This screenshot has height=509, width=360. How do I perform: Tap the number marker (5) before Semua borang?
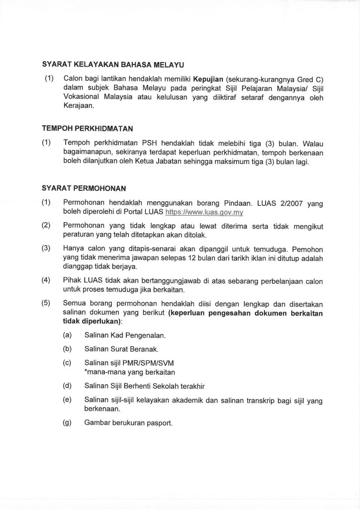[46, 303]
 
